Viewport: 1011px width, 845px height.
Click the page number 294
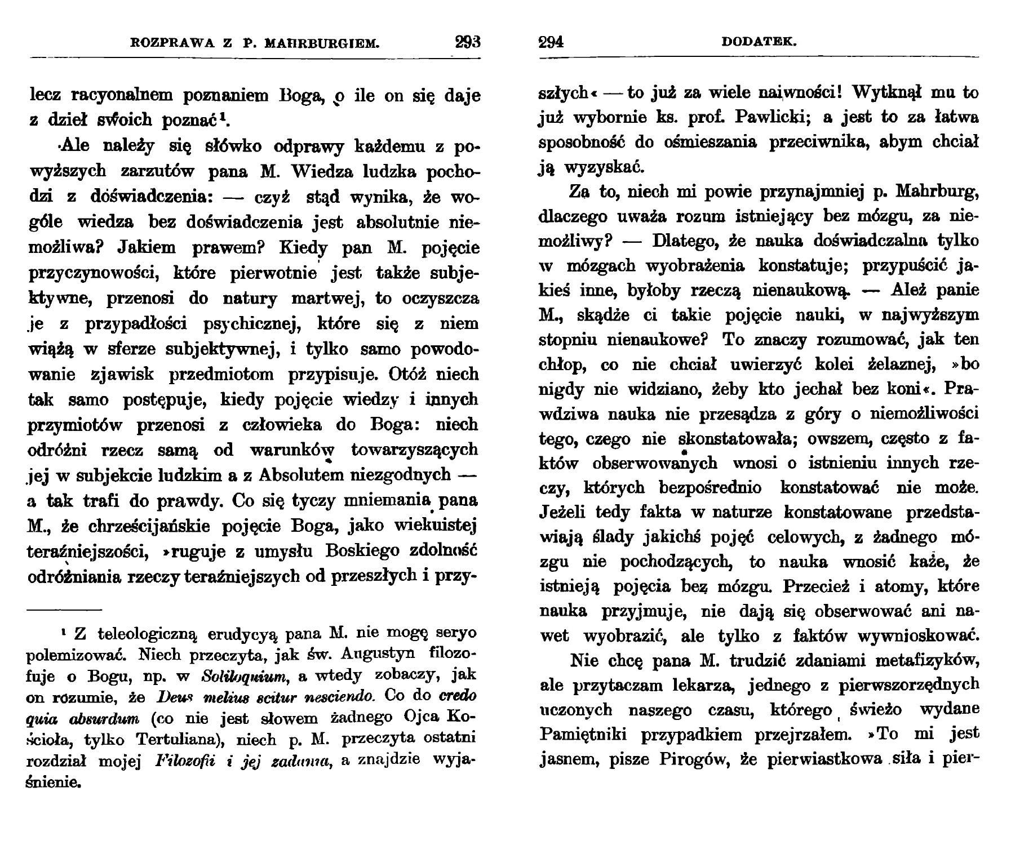tap(551, 43)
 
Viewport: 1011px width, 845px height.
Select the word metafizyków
tap(919, 660)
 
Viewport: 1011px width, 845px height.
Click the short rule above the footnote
tap(64, 609)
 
